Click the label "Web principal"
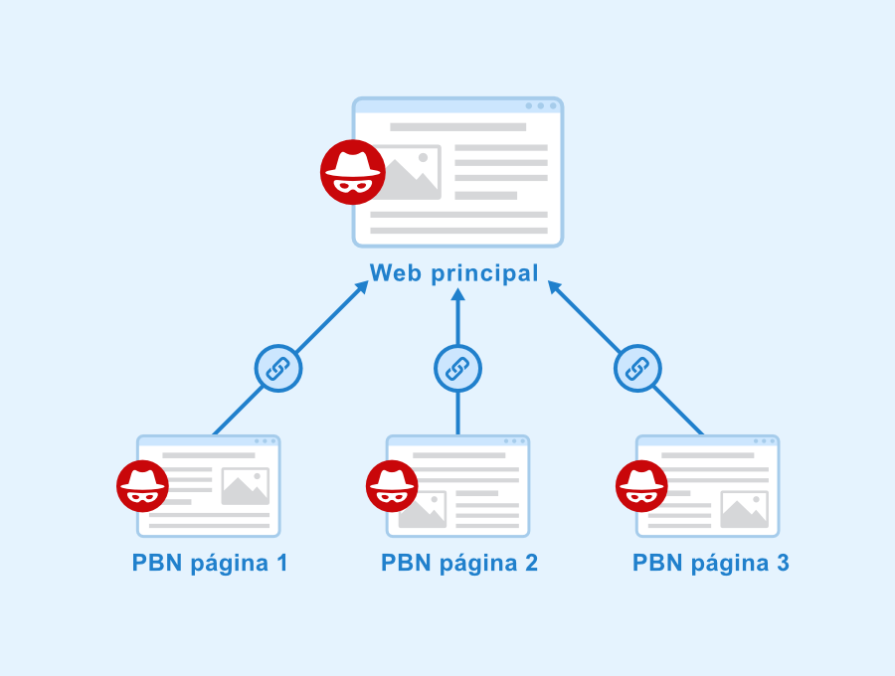coord(454,273)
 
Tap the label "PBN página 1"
coord(210,564)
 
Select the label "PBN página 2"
coord(459,564)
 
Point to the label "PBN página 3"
coord(711,564)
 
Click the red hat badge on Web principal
coord(353,172)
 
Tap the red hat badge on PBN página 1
coord(142,486)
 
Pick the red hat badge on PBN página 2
coord(392,486)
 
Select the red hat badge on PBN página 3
coord(641,486)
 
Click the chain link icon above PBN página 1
coord(278,369)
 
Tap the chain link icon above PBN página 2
coord(457,369)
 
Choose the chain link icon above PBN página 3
coord(637,369)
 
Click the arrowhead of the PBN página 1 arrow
coord(362,287)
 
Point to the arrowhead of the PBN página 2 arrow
coord(457,294)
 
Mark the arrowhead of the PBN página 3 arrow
coord(555,287)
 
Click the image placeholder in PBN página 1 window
coord(246,486)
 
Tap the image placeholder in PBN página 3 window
coord(745,509)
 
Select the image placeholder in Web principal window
coord(408,172)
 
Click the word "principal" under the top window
coord(484,274)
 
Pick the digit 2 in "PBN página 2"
coord(531,563)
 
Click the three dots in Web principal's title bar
coord(541,106)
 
